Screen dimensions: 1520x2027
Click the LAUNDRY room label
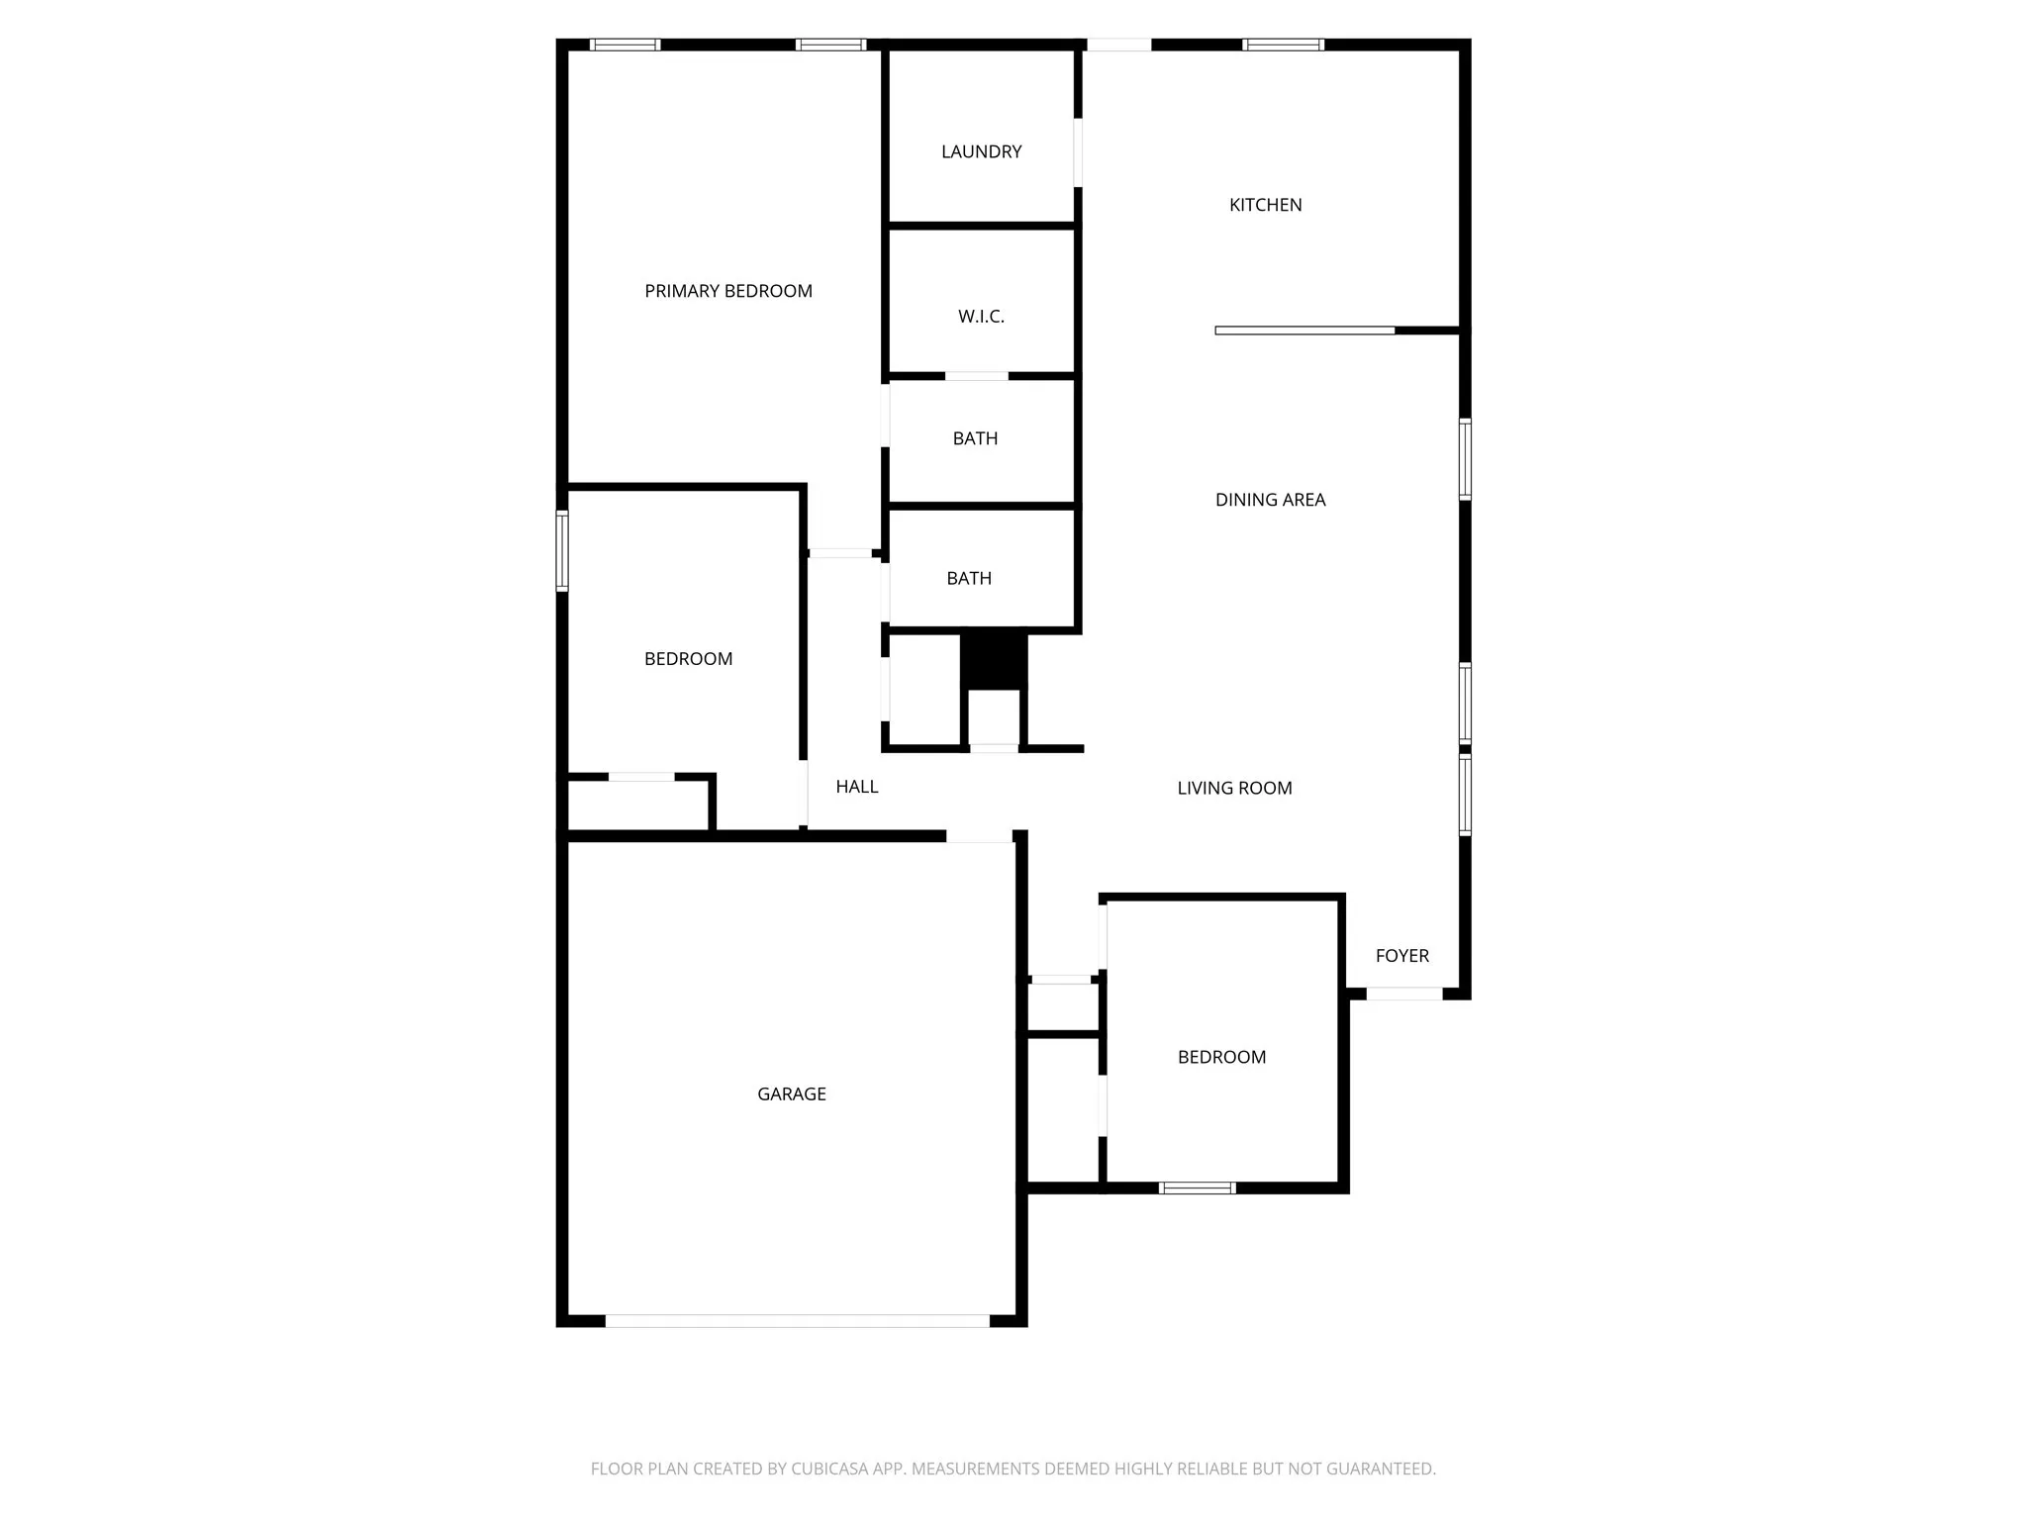981,151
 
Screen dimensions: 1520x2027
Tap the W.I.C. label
981,317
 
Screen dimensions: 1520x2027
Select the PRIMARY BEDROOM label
728,291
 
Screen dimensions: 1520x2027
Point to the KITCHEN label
1265,205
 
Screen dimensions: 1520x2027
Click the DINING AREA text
1270,500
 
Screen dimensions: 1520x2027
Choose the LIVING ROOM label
1234,788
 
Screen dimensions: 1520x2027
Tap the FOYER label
1401,955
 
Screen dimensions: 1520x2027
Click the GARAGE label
791,1093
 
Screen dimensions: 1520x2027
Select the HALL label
856,787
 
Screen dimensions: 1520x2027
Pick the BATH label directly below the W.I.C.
975,438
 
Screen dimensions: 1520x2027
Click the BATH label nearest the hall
969,578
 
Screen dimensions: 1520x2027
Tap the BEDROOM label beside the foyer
1221,1057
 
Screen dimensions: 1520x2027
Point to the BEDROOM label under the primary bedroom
688,659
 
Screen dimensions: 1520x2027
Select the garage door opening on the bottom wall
797,1320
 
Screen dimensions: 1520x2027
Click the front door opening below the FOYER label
1403,994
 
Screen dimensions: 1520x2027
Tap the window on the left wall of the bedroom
562,550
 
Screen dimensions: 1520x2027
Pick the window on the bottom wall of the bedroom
1197,1187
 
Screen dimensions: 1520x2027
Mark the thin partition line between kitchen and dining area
1304,331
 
